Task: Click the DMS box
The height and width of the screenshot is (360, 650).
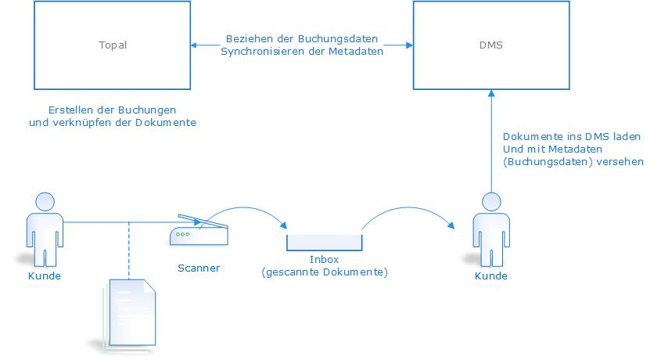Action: coord(490,45)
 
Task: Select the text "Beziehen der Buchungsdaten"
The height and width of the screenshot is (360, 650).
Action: coord(302,38)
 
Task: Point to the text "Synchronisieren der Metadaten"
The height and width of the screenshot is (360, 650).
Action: coord(302,52)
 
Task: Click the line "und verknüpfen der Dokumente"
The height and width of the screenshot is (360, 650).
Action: coord(112,122)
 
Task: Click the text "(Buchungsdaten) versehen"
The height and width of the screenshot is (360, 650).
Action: coord(573,162)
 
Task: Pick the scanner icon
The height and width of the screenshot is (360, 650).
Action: coord(198,230)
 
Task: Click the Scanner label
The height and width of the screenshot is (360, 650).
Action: coord(199,268)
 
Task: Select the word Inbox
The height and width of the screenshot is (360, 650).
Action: coord(324,259)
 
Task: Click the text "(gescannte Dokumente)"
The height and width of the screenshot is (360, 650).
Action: coord(325,272)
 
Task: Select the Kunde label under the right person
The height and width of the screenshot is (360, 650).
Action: coord(490,276)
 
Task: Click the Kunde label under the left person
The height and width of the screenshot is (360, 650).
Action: coord(44,276)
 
